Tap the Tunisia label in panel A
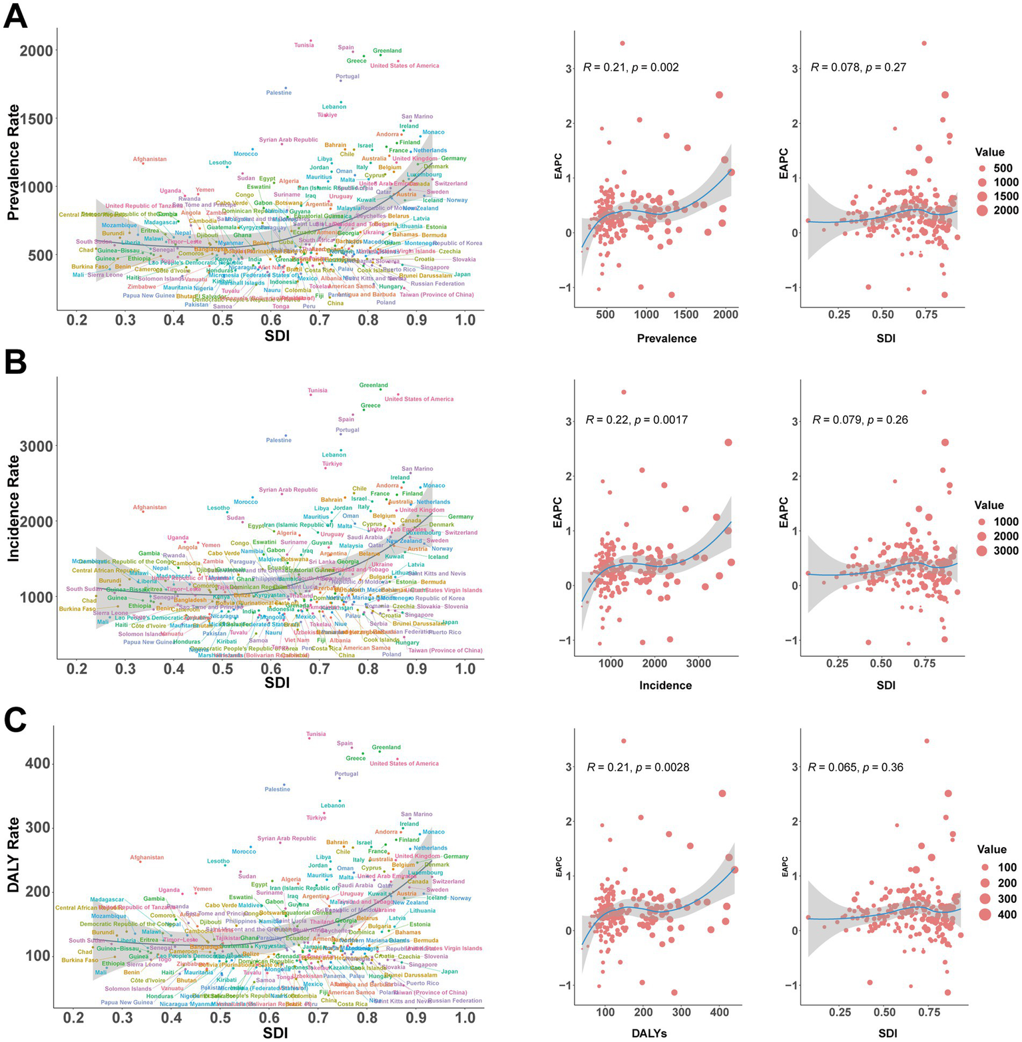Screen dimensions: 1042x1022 coord(304,45)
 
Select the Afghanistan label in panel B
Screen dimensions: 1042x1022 coord(149,508)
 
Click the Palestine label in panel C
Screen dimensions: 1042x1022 coord(278,789)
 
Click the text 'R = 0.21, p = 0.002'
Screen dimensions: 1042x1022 coord(631,67)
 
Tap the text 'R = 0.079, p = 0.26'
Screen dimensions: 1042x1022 coord(860,420)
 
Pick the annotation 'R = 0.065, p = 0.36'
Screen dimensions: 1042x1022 coord(856,767)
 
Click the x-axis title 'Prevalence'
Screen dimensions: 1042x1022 coord(666,338)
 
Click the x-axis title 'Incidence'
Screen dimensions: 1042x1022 coord(665,685)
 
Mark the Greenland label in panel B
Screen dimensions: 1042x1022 coord(374,385)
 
